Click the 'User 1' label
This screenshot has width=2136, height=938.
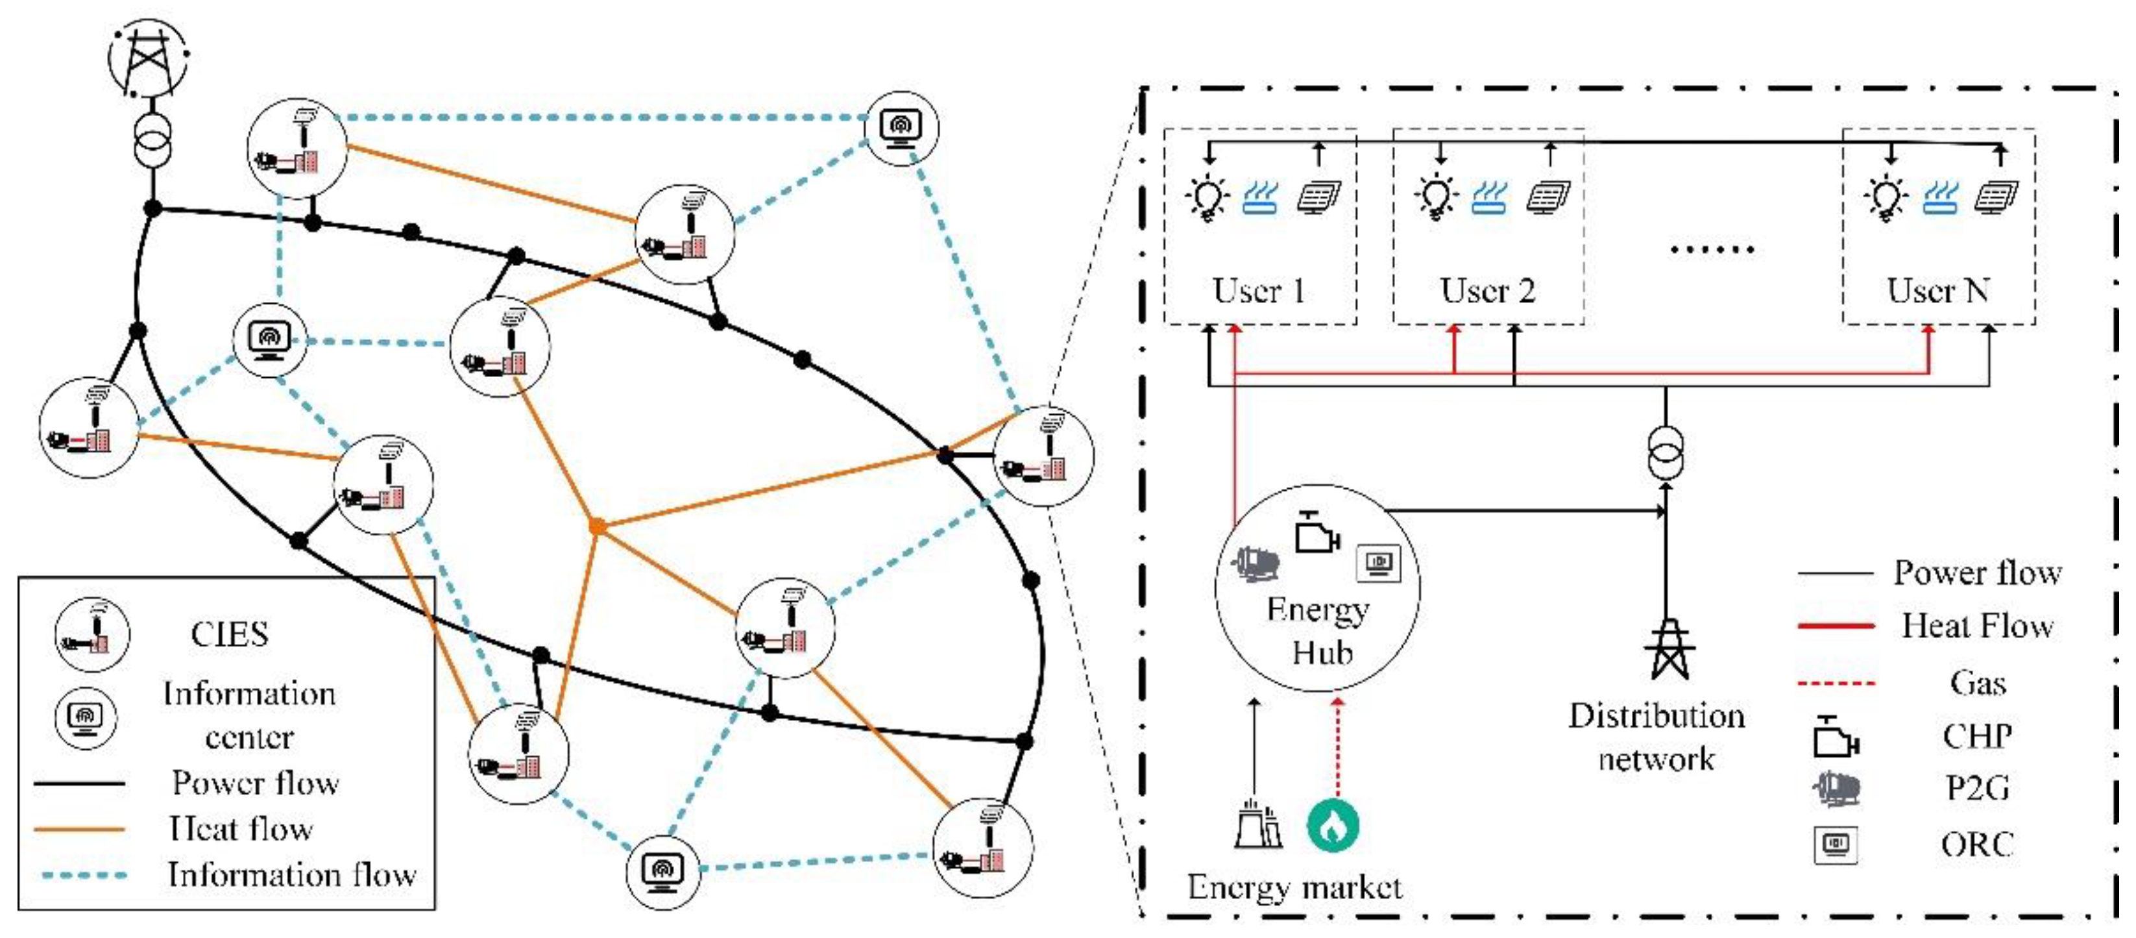pos(1259,291)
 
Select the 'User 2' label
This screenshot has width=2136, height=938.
pos(1488,291)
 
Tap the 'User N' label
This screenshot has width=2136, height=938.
pos(1938,291)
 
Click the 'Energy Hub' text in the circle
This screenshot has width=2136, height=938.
pos(1319,631)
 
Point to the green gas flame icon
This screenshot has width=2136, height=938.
pos(1333,825)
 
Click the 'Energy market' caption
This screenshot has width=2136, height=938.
pos(1294,887)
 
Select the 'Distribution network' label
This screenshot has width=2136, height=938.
pos(1656,737)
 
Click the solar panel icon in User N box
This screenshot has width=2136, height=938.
pos(1996,197)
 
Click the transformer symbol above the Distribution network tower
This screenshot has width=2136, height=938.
pos(1665,453)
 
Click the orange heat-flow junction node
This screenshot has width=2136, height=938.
pos(597,526)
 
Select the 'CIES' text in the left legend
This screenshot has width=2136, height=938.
pos(230,634)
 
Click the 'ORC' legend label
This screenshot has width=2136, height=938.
pos(1977,845)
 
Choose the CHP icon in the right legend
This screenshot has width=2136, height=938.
pos(1835,737)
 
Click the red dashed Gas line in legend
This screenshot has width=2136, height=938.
pos(1836,684)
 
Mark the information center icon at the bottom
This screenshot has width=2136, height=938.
pos(662,872)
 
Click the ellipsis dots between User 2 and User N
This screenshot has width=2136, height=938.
pos(1712,249)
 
